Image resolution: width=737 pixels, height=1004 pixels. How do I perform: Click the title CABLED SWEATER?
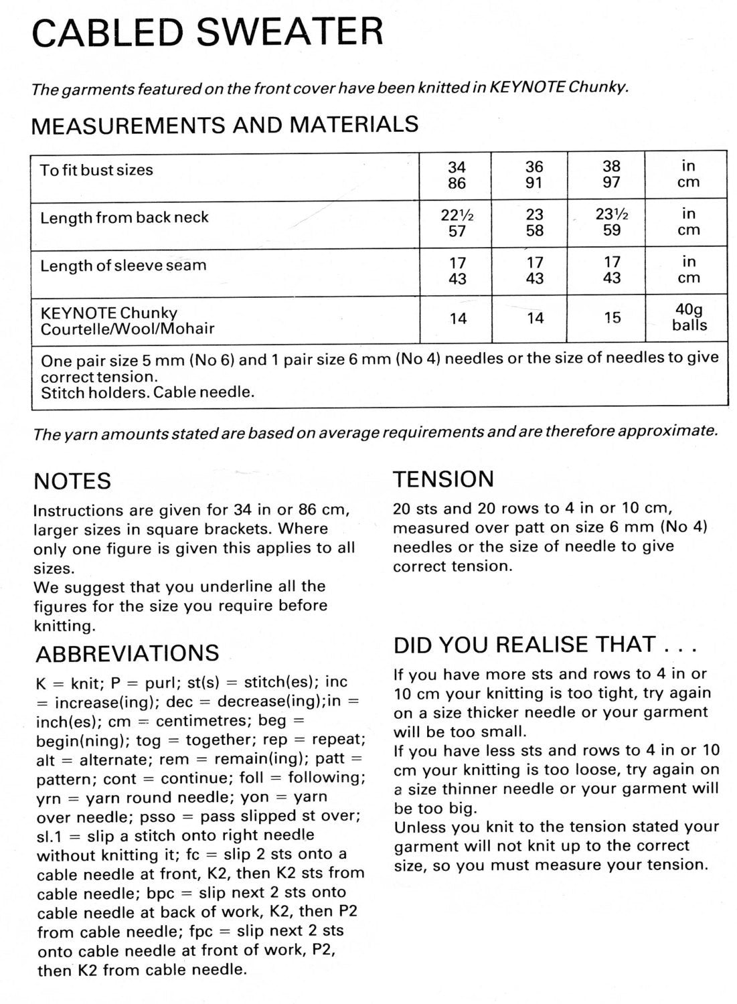(208, 32)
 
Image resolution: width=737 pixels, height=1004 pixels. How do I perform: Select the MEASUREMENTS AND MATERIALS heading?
(225, 124)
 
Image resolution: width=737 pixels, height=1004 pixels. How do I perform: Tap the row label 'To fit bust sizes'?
(96, 170)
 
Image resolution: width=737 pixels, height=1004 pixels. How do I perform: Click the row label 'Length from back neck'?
(125, 218)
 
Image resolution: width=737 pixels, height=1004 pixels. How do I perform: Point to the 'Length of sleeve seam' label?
(123, 266)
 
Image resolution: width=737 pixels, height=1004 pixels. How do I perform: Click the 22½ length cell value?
(457, 215)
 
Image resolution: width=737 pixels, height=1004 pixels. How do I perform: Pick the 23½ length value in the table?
(612, 214)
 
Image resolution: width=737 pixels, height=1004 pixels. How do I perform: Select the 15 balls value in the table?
(612, 318)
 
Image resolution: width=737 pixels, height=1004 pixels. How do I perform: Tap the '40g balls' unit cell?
(689, 317)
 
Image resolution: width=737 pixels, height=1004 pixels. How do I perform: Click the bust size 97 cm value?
(612, 183)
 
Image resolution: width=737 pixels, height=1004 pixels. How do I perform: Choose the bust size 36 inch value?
(534, 167)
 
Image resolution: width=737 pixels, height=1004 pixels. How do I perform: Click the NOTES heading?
(72, 481)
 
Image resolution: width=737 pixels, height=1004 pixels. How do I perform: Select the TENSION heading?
(443, 479)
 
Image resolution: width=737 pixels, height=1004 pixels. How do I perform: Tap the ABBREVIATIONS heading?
(127, 653)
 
